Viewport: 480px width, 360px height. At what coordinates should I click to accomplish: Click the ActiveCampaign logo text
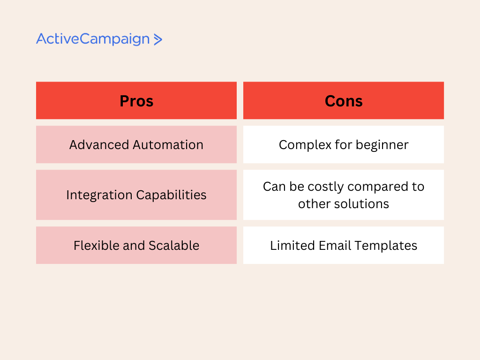[x=93, y=39]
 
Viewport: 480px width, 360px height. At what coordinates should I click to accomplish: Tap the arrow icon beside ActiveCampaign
[x=157, y=39]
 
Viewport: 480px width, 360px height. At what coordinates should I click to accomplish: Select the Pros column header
[x=136, y=101]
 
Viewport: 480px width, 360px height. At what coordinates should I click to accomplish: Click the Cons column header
[x=344, y=101]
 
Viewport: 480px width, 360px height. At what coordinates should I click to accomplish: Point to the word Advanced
[x=99, y=145]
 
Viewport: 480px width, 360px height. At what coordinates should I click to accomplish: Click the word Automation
[x=168, y=145]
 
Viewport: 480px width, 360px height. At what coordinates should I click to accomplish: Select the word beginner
[x=382, y=145]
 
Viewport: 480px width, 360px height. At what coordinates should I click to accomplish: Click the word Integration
[x=99, y=195]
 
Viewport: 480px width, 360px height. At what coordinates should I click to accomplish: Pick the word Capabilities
[x=171, y=195]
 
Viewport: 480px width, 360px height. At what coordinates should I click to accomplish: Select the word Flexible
[x=96, y=246]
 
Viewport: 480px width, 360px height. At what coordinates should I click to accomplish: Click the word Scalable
[x=174, y=246]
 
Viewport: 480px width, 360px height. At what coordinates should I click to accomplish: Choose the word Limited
[x=292, y=246]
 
